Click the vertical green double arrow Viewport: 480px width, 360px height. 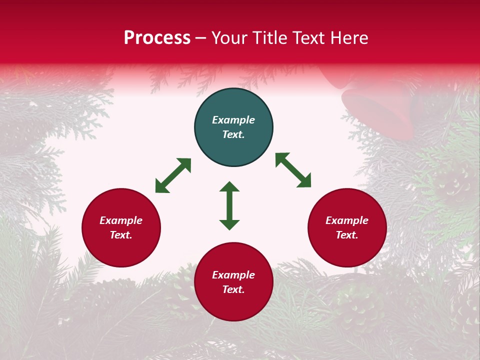click(229, 206)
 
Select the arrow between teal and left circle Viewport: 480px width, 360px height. click(173, 175)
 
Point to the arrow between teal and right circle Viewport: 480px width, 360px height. click(293, 170)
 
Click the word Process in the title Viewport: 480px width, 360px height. click(157, 38)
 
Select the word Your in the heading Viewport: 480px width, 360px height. click(230, 38)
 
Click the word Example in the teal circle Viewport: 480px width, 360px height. click(233, 120)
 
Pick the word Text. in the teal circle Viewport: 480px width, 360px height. click(233, 134)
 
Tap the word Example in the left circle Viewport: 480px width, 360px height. click(121, 220)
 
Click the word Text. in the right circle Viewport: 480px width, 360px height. click(347, 235)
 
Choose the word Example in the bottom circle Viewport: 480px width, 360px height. click(233, 275)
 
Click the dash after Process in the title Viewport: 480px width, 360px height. click(201, 38)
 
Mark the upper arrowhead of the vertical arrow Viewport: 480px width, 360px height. click(229, 187)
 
